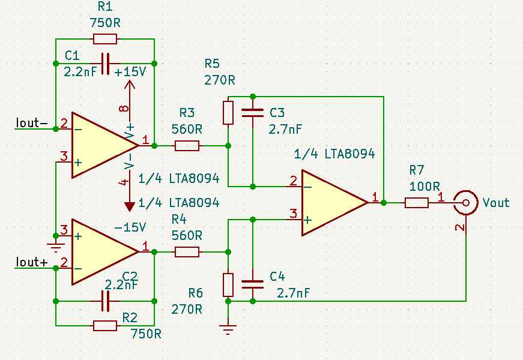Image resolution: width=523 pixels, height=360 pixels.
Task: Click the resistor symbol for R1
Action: (105, 40)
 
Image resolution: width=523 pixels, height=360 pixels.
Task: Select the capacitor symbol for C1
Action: (105, 63)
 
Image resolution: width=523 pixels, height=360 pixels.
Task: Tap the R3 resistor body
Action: (187, 145)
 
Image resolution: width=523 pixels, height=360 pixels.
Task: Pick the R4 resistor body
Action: (187, 252)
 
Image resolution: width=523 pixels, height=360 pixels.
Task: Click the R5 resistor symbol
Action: (228, 113)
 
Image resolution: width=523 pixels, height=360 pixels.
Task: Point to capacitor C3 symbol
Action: (252, 112)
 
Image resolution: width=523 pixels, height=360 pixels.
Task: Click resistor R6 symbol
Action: (228, 284)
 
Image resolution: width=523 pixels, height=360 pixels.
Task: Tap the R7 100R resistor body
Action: (417, 203)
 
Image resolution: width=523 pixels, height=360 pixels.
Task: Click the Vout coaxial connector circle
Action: (465, 202)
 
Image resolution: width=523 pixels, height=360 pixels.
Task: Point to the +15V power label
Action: (129, 71)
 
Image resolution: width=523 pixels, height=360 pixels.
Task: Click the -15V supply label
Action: (129, 228)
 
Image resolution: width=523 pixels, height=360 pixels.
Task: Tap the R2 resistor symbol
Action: (105, 325)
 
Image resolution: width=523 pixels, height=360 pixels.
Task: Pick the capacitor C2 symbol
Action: (105, 301)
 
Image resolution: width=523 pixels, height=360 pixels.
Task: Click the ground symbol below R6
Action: (228, 329)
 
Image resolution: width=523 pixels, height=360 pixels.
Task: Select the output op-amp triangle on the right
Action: (330, 202)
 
